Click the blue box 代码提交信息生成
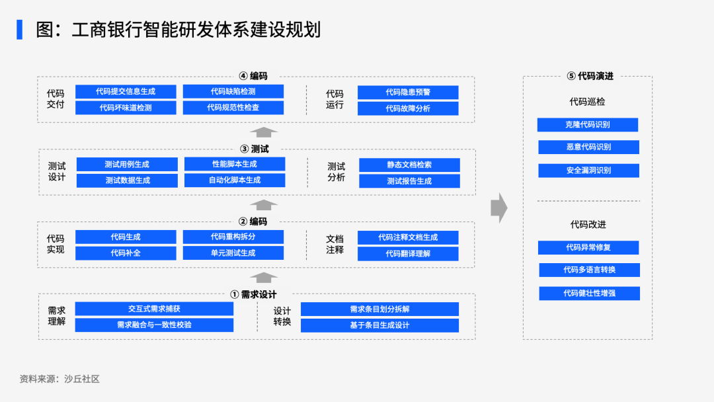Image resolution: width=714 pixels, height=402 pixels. (x=126, y=91)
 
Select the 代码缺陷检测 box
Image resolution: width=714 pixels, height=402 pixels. (x=233, y=91)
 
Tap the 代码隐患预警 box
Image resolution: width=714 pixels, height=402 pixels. (x=408, y=93)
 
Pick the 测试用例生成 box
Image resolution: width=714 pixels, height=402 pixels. (x=127, y=165)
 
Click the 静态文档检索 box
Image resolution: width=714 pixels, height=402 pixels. (x=409, y=165)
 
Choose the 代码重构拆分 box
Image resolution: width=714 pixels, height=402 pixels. (x=233, y=237)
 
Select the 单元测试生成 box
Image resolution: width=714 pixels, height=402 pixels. (x=233, y=253)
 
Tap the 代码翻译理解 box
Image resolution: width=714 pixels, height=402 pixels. (x=408, y=254)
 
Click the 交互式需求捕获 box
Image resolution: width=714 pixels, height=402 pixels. (x=154, y=309)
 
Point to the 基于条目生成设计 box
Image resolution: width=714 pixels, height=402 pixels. (x=379, y=325)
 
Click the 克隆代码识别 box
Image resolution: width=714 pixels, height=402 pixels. (x=588, y=125)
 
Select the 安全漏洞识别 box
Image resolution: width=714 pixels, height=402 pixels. (x=589, y=171)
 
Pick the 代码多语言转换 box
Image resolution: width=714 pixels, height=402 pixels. (x=589, y=270)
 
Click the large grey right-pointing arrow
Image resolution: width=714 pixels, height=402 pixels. (x=499, y=208)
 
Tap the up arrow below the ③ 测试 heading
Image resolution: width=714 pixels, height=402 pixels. (x=264, y=205)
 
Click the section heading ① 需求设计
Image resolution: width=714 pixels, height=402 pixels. (x=254, y=294)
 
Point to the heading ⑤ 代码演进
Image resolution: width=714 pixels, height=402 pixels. (x=590, y=76)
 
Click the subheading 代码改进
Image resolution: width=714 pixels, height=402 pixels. (x=588, y=224)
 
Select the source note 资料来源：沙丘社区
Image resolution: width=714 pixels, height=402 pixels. (x=59, y=379)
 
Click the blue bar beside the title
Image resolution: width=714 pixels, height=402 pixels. (x=20, y=30)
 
